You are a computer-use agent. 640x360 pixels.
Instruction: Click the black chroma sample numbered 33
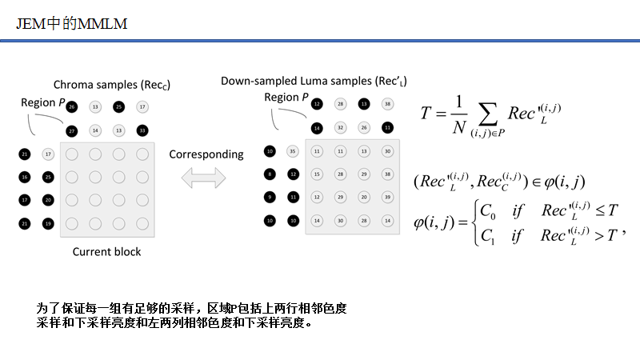coord(142,130)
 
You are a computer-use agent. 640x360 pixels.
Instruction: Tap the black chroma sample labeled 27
coord(72,130)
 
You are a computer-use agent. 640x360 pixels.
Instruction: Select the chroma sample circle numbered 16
coord(26,177)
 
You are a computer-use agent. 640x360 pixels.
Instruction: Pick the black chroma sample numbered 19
coord(48,223)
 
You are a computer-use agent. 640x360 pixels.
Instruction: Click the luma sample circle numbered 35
coord(293,150)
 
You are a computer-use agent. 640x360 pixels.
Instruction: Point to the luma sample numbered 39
coord(387,196)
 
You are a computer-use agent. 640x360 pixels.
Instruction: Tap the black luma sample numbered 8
coord(270,174)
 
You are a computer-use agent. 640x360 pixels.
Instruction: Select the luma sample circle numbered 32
coord(340,127)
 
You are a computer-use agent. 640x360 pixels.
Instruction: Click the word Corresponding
coord(206,154)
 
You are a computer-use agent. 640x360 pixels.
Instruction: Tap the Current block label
coord(106,252)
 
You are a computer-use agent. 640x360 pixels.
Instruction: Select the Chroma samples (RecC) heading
coord(112,85)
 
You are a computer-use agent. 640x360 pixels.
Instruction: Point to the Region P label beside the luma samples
coord(286,98)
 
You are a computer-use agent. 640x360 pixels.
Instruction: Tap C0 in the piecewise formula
coord(486,210)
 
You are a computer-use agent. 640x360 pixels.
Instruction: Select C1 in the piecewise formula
coord(486,235)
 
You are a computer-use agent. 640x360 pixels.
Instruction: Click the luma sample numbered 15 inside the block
coord(317,174)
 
